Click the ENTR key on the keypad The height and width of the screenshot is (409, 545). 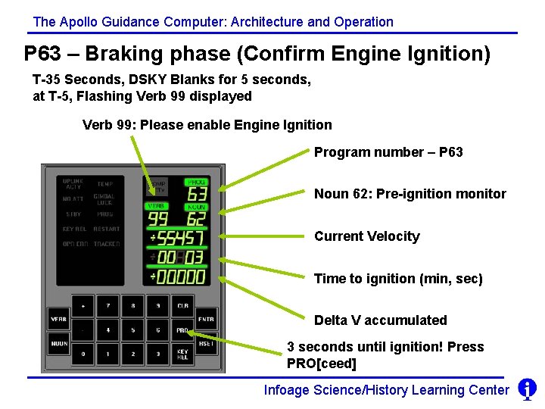(206, 319)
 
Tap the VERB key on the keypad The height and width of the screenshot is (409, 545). (58, 319)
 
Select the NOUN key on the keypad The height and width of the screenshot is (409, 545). (58, 343)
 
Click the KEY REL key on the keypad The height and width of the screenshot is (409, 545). (182, 354)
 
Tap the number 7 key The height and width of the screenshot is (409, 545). (108, 306)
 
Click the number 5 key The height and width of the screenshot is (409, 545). (132, 330)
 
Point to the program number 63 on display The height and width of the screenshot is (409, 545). (196, 195)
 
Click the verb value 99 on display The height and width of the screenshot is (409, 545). (157, 220)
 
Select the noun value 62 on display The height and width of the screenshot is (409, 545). (196, 220)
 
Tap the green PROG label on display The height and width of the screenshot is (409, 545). (196, 183)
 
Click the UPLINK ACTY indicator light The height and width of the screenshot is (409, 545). (73, 183)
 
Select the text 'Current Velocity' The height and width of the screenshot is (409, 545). (366, 236)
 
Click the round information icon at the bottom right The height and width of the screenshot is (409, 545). (527, 389)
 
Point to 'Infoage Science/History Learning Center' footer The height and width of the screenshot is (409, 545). (386, 390)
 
